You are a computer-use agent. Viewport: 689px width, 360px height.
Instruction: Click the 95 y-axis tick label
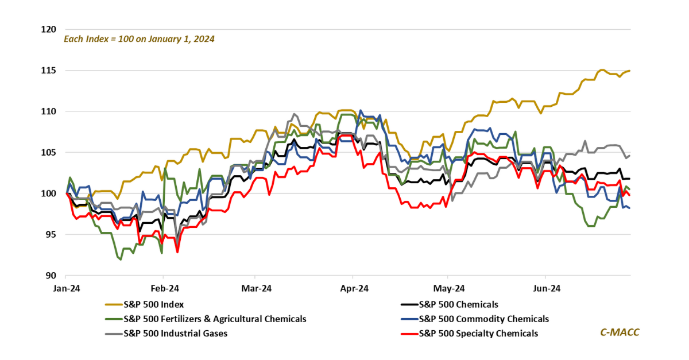point(50,235)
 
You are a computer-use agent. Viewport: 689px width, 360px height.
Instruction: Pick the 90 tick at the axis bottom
point(50,276)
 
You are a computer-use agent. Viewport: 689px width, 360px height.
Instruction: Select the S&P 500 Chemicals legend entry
point(458,305)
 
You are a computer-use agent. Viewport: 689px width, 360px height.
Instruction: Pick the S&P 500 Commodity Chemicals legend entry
point(483,319)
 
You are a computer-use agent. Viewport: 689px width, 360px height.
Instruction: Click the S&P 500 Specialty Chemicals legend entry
point(478,334)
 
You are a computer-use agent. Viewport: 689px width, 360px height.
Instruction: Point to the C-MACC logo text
point(620,332)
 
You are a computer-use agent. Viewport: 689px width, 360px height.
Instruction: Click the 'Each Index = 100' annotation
point(138,40)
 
